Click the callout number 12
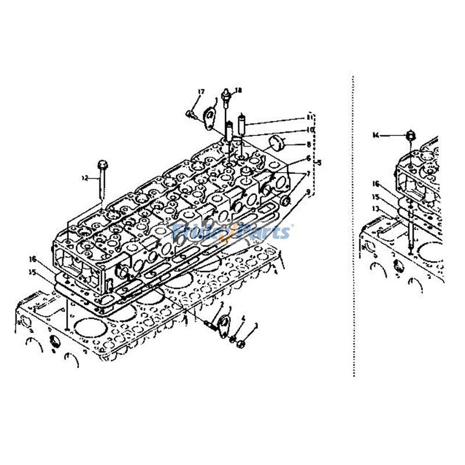(x=85, y=178)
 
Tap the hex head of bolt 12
(x=103, y=163)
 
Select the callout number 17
(x=201, y=92)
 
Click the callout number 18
(x=238, y=90)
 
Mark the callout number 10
(x=310, y=130)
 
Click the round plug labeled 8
(x=278, y=141)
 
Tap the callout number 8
(x=310, y=145)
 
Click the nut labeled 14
(x=410, y=135)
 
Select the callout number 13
(x=376, y=208)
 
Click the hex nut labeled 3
(x=242, y=344)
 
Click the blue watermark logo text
(x=233, y=233)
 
